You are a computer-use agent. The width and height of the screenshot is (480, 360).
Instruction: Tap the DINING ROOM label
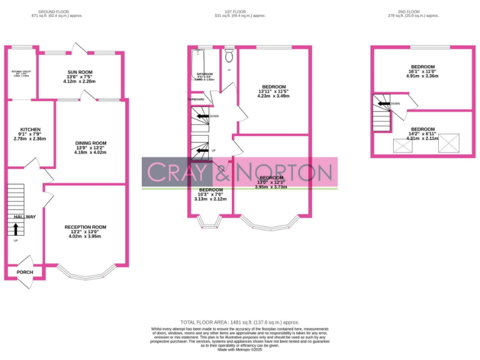tap(91, 143)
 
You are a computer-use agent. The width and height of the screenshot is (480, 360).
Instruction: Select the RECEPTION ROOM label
tap(86, 227)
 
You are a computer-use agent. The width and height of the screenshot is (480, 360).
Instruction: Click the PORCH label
tap(24, 272)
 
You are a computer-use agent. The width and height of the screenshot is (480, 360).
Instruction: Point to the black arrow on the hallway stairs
tap(16, 228)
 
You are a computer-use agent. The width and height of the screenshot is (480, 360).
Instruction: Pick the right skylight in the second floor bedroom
tap(448, 143)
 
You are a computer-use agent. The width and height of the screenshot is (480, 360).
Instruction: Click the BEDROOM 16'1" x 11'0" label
tap(423, 67)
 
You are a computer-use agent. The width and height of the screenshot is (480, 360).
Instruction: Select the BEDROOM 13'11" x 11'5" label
tap(274, 86)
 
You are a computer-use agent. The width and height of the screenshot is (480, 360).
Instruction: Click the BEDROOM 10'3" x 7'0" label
tap(211, 189)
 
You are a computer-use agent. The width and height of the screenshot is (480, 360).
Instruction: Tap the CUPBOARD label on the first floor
tap(196, 99)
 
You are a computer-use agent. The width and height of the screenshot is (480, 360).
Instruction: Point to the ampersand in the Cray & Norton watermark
tap(223, 172)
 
